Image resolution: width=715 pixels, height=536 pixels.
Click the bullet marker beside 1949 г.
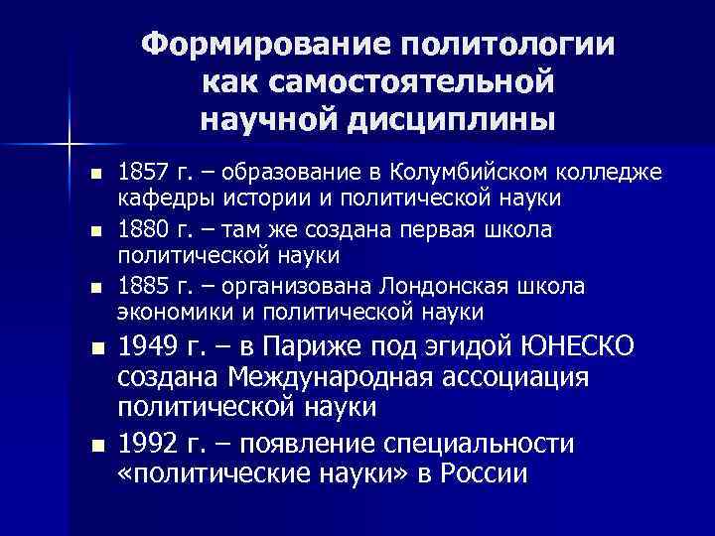click(x=96, y=348)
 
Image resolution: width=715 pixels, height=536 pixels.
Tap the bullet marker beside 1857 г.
click(x=96, y=175)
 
